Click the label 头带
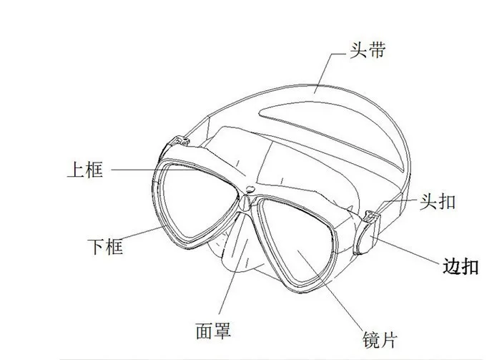point(368,50)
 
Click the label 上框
point(85,170)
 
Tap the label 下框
point(105,246)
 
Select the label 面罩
point(213,330)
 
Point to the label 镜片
point(380,339)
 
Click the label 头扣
point(438,201)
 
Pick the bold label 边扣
point(461,266)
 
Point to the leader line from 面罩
point(233,264)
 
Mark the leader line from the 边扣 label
point(404,250)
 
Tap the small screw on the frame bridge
point(250,189)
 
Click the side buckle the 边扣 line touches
point(366,233)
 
